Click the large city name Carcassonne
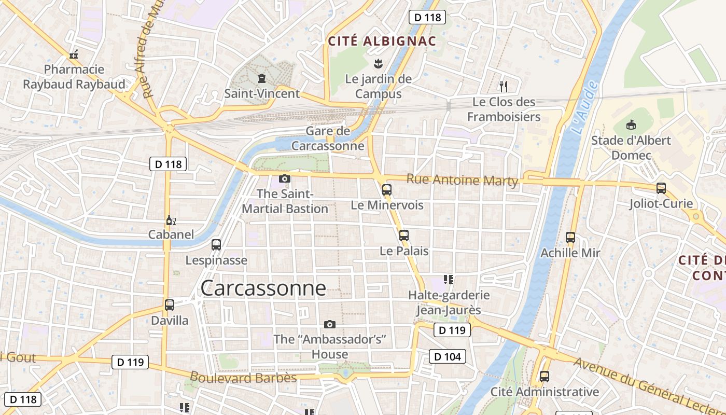tap(263, 288)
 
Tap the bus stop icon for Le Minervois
tap(386, 190)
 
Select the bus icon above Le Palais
tap(404, 236)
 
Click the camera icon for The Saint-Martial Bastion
tap(284, 179)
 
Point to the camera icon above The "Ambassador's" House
tap(329, 325)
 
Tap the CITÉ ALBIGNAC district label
tap(382, 41)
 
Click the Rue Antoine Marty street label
tap(462, 180)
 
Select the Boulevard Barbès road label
tap(243, 377)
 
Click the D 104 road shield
tap(447, 356)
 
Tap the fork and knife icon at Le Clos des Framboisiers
tap(503, 86)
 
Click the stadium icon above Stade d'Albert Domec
tap(631, 125)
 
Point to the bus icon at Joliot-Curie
tap(661, 188)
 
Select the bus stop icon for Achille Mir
tap(570, 238)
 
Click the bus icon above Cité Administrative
tap(544, 377)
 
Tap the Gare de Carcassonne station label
tap(328, 139)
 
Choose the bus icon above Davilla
tap(170, 305)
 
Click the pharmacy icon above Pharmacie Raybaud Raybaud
tap(74, 54)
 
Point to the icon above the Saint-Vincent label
tap(262, 79)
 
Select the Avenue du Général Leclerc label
tap(649, 385)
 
